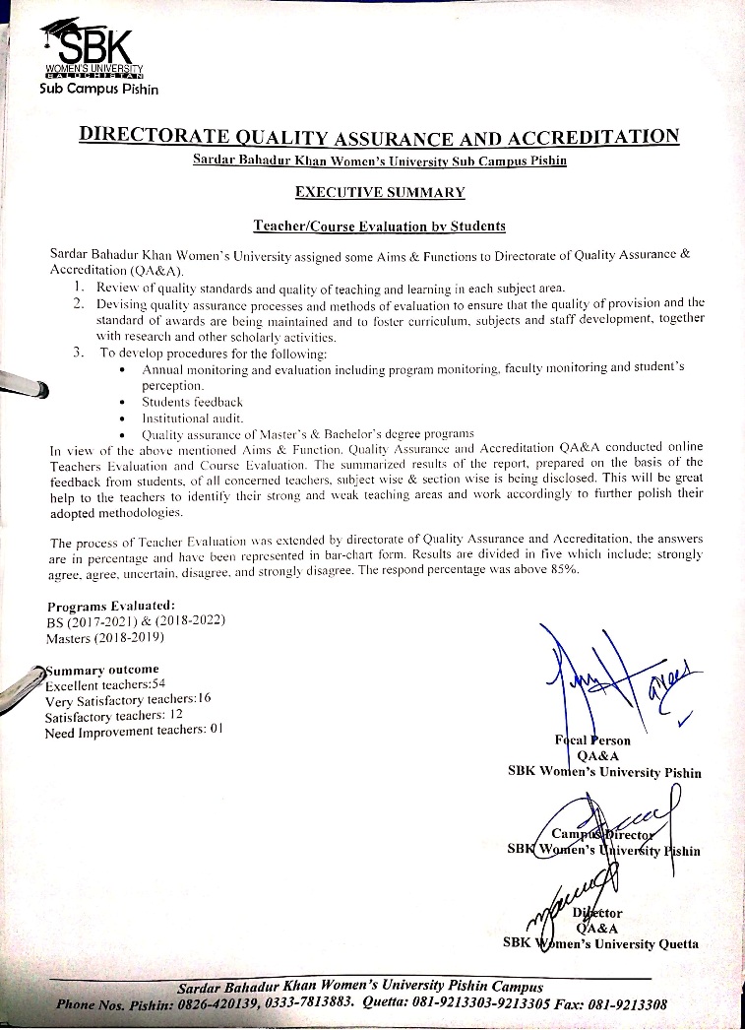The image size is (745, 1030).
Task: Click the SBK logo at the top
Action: (x=93, y=48)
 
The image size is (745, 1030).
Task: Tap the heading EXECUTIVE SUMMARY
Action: (x=379, y=192)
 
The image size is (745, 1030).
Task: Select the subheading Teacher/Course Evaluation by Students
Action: (x=379, y=226)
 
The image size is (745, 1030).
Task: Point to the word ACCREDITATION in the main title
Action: (x=603, y=136)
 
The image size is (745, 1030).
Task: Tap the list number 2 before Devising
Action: (x=78, y=303)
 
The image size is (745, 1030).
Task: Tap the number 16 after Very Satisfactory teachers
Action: (x=203, y=698)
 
